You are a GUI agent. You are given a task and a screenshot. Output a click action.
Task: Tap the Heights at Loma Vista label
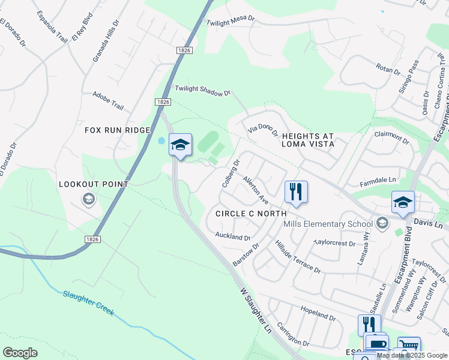tap(308, 140)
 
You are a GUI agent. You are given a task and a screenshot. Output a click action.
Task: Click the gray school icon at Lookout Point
tap(89, 199)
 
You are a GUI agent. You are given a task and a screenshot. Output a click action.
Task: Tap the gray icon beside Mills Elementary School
tap(382, 224)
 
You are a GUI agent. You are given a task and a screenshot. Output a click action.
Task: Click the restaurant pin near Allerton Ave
tap(296, 192)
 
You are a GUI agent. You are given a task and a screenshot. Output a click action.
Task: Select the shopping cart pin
tap(408, 347)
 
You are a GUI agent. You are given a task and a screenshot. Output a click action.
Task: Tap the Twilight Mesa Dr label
tap(231, 20)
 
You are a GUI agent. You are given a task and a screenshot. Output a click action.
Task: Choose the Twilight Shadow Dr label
tap(202, 91)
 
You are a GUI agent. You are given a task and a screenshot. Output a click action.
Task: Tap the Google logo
tap(20, 352)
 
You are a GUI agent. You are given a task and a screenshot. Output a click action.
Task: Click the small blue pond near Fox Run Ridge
tap(161, 141)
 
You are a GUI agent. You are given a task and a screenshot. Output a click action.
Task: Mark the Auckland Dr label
tap(232, 238)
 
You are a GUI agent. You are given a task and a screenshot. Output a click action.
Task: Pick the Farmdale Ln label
tap(378, 179)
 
